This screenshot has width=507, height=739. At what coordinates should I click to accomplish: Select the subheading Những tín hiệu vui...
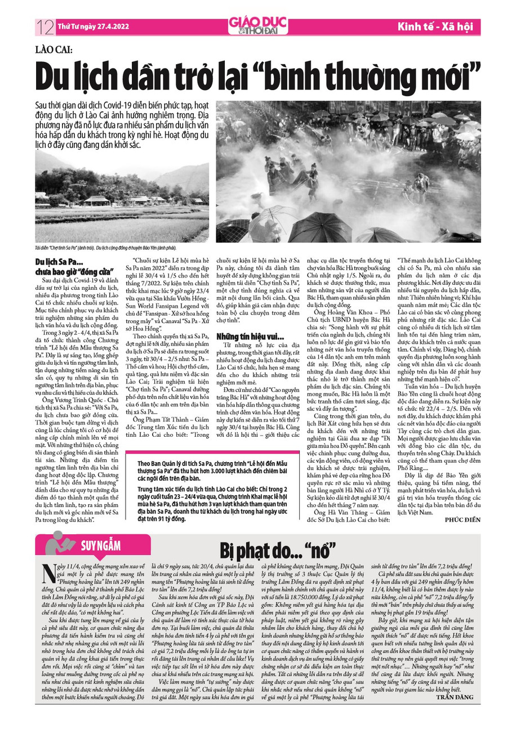point(242,336)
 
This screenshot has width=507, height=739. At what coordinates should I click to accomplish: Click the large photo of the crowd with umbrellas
point(348,172)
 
